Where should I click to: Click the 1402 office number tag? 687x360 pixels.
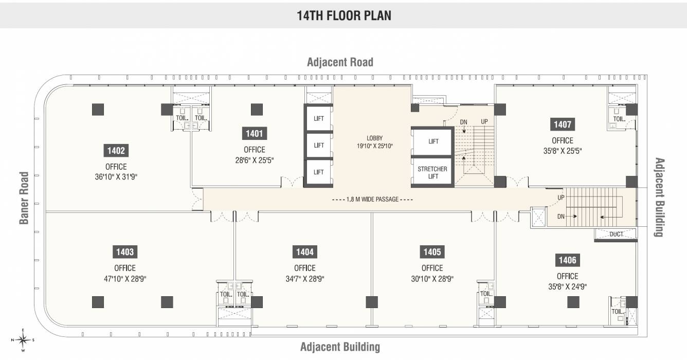coord(116,151)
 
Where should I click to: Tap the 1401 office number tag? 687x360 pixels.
coord(255,134)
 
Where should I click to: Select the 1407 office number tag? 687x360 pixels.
coord(563,124)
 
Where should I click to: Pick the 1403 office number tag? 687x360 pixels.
coord(125,252)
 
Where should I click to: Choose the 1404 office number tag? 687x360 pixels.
coord(304,252)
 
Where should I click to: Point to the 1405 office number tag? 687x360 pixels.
coord(432,252)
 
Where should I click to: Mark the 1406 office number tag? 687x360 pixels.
coord(567,260)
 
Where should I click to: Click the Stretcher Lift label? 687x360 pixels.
coord(432,172)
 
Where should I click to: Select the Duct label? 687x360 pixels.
coord(616,234)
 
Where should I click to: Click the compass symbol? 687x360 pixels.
coord(23,339)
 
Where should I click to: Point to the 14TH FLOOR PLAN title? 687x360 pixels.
coord(343,15)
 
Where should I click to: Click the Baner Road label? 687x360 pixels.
coord(24,198)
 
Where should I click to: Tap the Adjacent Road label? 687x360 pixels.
coord(340,62)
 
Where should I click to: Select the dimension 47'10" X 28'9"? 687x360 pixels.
coord(125,279)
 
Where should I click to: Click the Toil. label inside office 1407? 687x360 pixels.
coord(619,119)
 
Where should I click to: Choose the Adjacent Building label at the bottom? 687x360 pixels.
coord(340,347)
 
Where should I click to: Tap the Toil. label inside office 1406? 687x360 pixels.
coord(617,311)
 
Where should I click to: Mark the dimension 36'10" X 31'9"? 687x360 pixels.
coord(116,177)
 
